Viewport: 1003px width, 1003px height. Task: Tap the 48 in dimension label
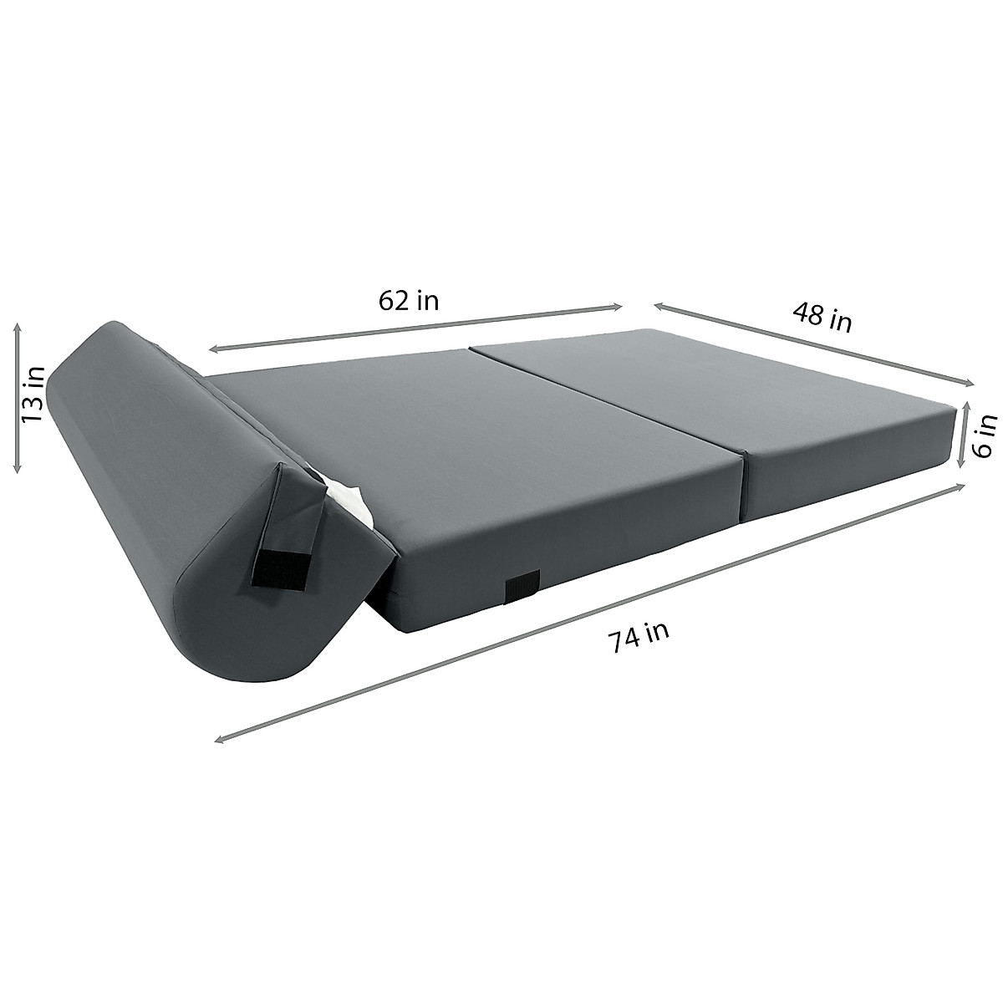pyautogui.click(x=822, y=317)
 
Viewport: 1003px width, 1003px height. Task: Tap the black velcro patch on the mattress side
pyautogui.click(x=522, y=587)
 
